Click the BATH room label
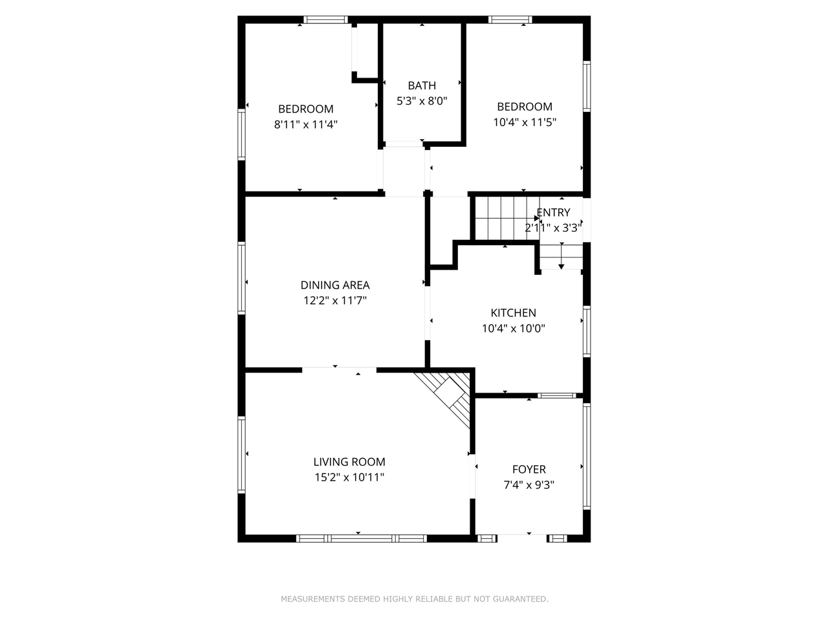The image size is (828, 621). (x=422, y=85)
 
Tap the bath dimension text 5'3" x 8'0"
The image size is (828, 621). (x=422, y=101)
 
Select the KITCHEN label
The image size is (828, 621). (x=513, y=313)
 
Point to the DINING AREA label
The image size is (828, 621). (x=335, y=285)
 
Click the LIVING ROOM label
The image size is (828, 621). (x=349, y=462)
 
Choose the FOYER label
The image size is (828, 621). (x=528, y=470)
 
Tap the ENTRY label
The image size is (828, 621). (x=554, y=213)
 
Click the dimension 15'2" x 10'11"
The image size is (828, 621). (x=349, y=477)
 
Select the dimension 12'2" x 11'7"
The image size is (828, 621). (x=335, y=300)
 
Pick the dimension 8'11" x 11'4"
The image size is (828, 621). (x=306, y=124)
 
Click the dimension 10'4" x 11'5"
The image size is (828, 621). (x=525, y=122)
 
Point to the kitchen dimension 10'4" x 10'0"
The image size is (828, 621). (x=513, y=329)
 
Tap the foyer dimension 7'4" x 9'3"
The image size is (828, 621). (x=528, y=485)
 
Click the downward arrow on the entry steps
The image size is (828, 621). (x=561, y=264)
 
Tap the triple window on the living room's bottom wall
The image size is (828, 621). (x=361, y=538)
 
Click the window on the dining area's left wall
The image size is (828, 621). (x=242, y=278)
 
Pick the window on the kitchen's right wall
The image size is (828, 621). (x=586, y=331)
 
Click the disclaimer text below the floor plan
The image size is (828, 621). (x=414, y=599)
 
